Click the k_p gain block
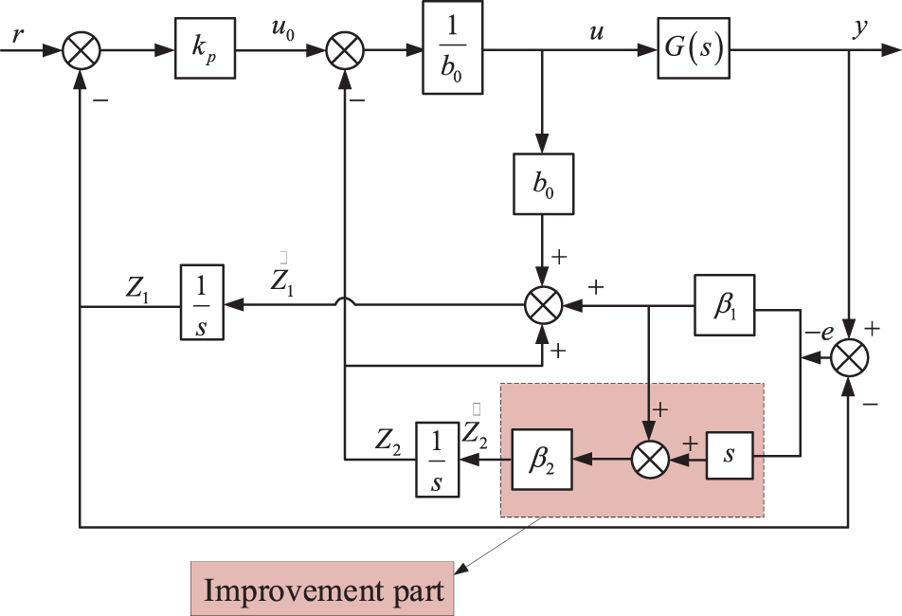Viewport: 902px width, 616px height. (205, 48)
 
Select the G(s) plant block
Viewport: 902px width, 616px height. (694, 48)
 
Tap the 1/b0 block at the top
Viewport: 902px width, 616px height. (453, 47)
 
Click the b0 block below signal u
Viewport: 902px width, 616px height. (543, 184)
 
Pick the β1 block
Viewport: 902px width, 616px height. (724, 305)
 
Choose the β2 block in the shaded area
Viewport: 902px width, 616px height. (542, 459)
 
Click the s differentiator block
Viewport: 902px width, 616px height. (730, 456)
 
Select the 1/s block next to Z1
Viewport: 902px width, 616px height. (202, 302)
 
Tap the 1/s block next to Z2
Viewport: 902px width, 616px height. (437, 460)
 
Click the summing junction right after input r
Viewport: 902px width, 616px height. (81, 50)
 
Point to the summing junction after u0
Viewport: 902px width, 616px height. (345, 50)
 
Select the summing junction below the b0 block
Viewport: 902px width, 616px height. (544, 305)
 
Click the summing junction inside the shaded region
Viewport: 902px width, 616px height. (650, 460)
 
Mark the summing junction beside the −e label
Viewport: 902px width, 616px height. (849, 357)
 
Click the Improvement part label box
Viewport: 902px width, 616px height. (323, 589)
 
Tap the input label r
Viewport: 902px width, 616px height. (18, 36)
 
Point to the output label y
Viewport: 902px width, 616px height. (860, 27)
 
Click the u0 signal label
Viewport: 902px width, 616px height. (282, 30)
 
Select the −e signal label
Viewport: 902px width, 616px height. (820, 332)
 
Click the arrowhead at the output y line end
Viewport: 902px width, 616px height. (891, 50)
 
